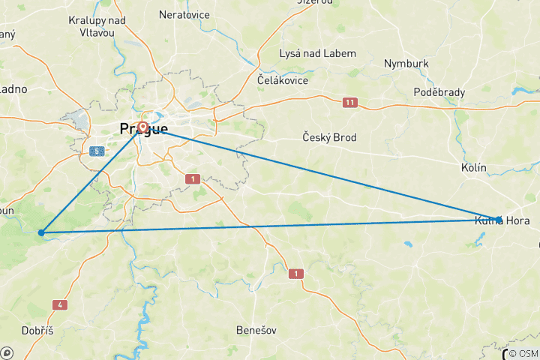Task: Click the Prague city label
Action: (144, 130)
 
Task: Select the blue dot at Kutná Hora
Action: (499, 219)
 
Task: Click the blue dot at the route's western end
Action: (41, 233)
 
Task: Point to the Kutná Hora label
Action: (502, 221)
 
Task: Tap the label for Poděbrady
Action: (439, 92)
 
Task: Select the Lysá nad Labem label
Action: (317, 53)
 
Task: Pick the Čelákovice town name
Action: (283, 79)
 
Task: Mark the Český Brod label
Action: (329, 137)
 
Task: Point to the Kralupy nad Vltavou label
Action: (97, 26)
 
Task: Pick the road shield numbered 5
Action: (96, 151)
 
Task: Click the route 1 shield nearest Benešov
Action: (296, 274)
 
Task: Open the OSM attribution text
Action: (523, 353)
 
